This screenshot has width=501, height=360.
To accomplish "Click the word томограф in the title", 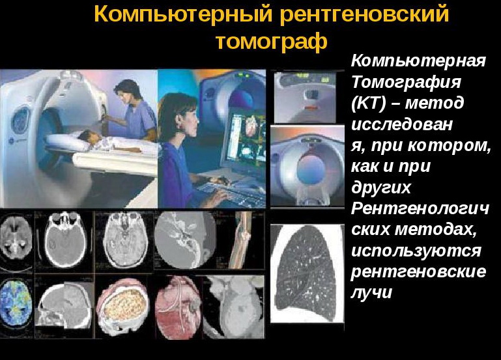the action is [x=272, y=42].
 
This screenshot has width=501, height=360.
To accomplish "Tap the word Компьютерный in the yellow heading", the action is [x=184, y=14].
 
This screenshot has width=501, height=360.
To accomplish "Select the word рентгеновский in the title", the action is [x=365, y=14].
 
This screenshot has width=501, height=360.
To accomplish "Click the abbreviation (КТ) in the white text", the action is [x=369, y=103].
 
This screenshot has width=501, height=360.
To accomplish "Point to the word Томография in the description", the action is [x=406, y=82].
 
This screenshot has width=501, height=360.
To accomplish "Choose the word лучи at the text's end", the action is [x=371, y=292].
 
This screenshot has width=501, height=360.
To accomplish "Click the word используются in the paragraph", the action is [x=416, y=251].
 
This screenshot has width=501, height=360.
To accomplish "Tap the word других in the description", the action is [x=381, y=187].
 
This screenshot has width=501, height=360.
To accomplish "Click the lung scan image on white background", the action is [x=308, y=273].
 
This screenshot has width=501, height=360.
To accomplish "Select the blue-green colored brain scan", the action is [x=16, y=302].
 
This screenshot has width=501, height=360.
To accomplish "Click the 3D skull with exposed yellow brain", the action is [x=123, y=306].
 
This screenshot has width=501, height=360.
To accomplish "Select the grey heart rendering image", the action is [x=234, y=307].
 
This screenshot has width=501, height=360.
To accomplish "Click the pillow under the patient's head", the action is [x=67, y=143].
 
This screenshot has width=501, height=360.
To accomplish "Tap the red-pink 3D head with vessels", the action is [x=179, y=307].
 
